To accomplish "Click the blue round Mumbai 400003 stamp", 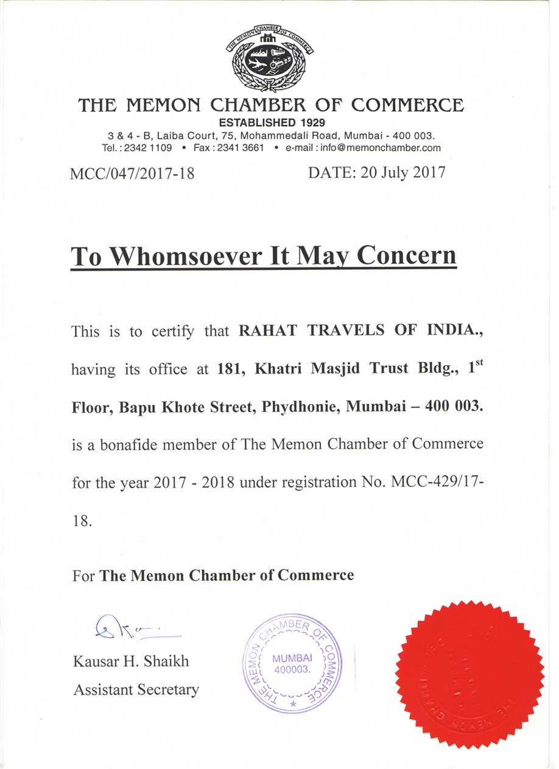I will coord(292,664).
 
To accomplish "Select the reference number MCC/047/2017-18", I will coord(132,174).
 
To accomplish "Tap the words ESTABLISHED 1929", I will coord(272,122).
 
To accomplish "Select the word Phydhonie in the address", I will coord(299,407).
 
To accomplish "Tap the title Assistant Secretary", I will coord(136,690).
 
